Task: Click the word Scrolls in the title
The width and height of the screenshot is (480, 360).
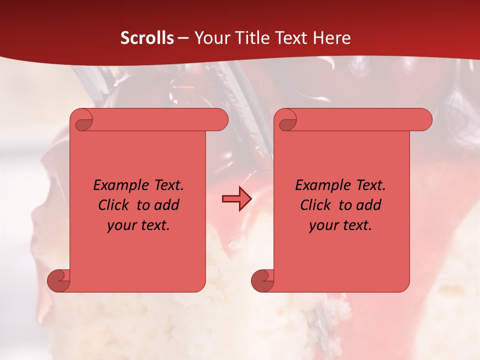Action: (147, 38)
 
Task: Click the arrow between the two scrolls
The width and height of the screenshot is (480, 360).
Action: (236, 199)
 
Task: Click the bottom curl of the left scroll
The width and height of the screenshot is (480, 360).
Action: (58, 280)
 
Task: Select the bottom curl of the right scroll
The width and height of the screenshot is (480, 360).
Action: (262, 280)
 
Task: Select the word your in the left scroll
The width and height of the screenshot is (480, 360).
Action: (120, 225)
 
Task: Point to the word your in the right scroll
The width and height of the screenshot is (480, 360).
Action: (322, 225)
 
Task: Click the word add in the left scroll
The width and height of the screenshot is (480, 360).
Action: (167, 205)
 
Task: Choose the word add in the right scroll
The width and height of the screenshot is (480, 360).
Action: (369, 205)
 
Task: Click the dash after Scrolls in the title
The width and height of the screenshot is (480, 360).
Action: (183, 38)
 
